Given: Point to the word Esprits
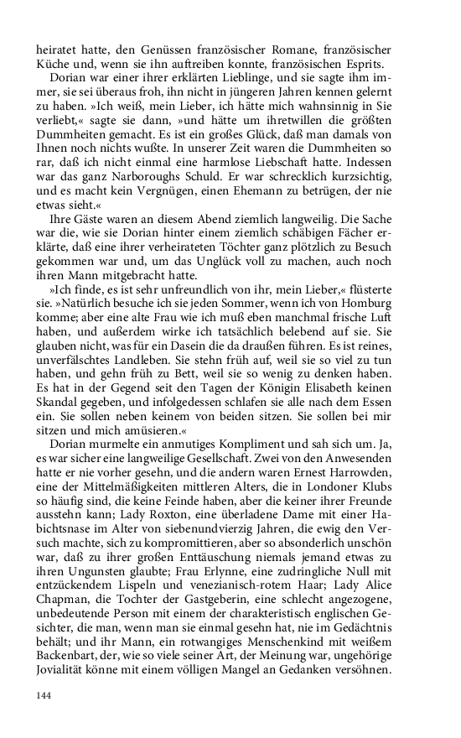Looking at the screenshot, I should click(x=364, y=65).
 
